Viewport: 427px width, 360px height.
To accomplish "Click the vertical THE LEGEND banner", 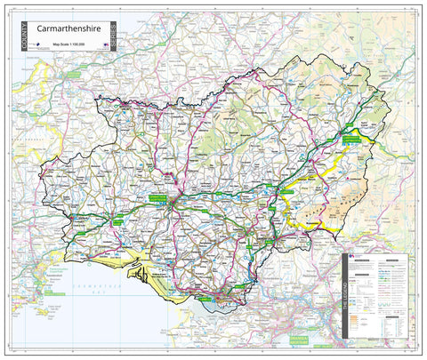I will tap(346, 298).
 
